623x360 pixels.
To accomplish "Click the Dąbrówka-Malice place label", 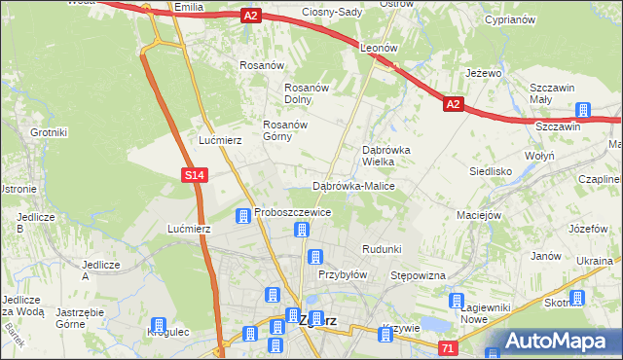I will pyautogui.click(x=351, y=185).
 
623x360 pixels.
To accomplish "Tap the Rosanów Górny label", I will pyautogui.click(x=285, y=130).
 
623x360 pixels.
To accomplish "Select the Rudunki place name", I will pyautogui.click(x=382, y=249).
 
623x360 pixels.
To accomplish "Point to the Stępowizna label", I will pyautogui.click(x=418, y=275).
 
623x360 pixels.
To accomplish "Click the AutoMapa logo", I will pyautogui.click(x=556, y=342).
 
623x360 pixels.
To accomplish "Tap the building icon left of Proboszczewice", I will pyautogui.click(x=242, y=214).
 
